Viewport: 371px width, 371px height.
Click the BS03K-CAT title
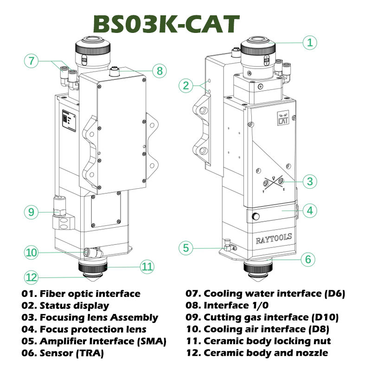click(166, 24)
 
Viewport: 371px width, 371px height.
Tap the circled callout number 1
click(310, 43)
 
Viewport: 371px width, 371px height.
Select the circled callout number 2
click(186, 85)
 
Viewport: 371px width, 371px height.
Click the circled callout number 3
click(310, 181)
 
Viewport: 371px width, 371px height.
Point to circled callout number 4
click(310, 211)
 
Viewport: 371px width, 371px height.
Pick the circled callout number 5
click(186, 248)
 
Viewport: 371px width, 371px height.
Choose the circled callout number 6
click(308, 259)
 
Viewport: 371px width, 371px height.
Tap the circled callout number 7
click(31, 61)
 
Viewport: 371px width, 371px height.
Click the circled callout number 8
click(160, 71)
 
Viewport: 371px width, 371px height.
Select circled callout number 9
click(31, 212)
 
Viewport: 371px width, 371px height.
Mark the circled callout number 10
click(31, 252)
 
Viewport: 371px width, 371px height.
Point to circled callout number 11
click(147, 267)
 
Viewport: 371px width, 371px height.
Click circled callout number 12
click(31, 277)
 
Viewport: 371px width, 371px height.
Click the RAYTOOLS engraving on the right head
click(274, 239)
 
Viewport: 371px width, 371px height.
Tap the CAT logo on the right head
click(283, 118)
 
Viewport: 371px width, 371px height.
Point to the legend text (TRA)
click(90, 353)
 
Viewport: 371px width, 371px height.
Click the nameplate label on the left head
click(69, 121)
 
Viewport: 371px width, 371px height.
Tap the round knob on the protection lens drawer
click(256, 216)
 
